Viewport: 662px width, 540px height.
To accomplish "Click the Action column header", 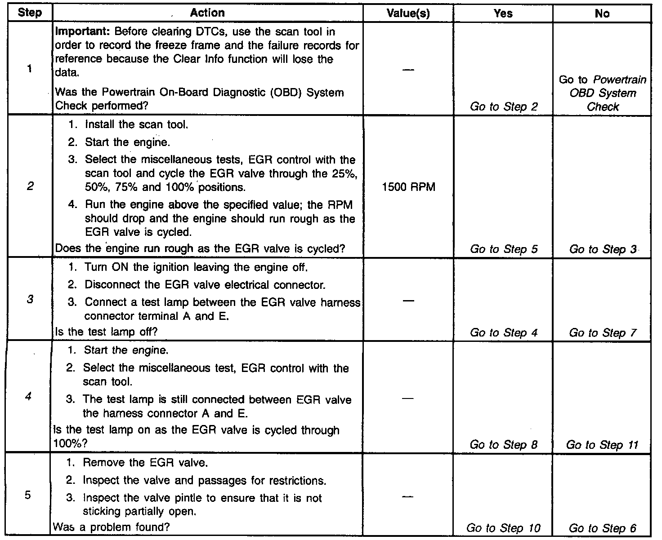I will point(207,13).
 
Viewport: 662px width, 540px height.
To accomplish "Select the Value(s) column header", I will point(408,13).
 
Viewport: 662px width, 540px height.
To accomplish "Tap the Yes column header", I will point(503,13).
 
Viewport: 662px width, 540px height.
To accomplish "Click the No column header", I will point(602,13).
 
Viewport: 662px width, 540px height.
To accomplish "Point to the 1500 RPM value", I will point(408,187).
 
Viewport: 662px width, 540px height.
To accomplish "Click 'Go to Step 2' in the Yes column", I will point(504,107).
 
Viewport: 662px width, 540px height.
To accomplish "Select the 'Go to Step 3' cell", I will point(603,249).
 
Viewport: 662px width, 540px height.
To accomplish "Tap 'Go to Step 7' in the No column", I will point(603,333).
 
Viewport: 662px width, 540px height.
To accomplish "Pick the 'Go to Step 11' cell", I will point(602,445).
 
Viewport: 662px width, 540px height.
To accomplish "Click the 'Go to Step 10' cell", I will point(503,528).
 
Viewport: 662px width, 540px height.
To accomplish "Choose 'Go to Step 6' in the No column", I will point(603,528).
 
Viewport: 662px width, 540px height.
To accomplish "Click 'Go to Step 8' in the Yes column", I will point(504,445).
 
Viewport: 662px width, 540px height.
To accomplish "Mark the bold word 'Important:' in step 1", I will point(83,32).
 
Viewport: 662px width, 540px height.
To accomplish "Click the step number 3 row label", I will point(29,299).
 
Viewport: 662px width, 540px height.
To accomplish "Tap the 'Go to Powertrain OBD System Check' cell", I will point(603,93).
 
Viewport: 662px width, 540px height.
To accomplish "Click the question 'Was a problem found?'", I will point(111,527).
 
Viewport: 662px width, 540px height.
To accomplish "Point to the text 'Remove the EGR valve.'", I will point(145,462).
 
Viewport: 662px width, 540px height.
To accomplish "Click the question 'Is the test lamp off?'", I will point(106,332).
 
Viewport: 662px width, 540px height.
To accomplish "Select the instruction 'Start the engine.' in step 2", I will point(127,142).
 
